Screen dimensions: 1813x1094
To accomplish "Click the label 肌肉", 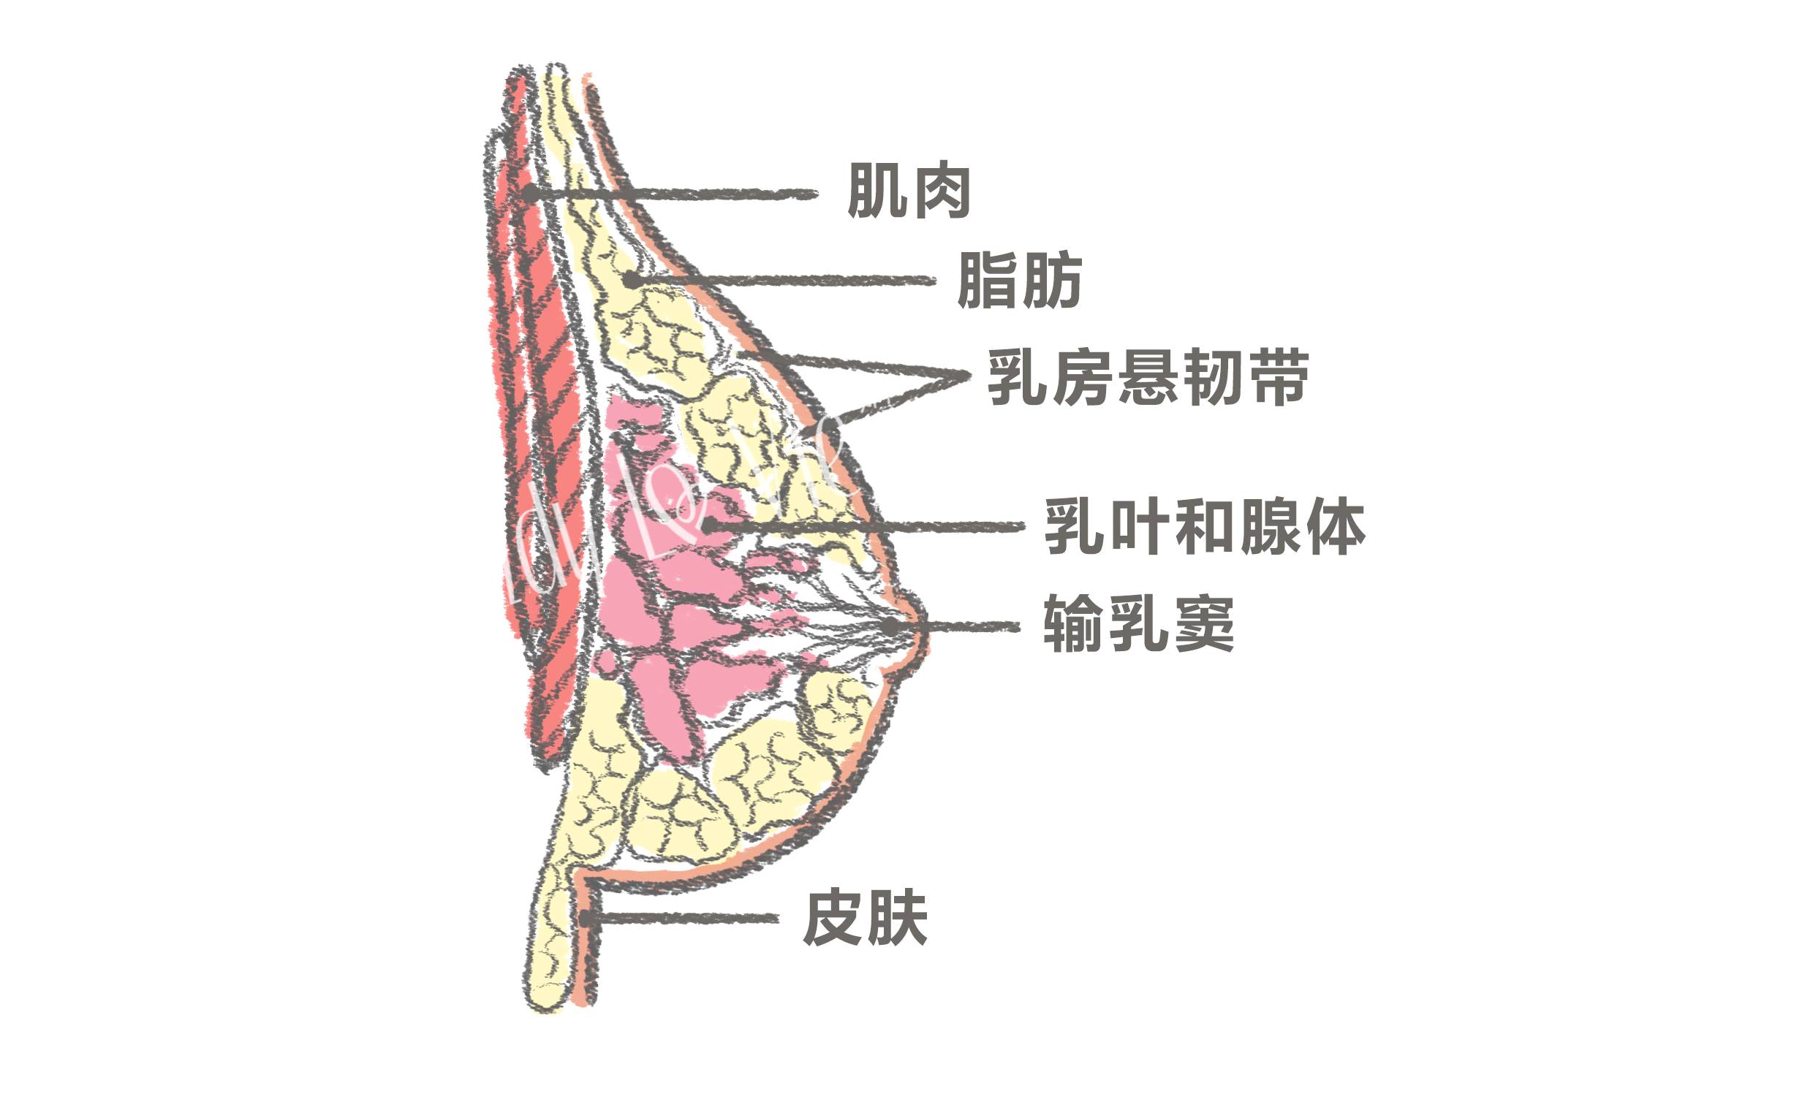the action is tap(909, 191).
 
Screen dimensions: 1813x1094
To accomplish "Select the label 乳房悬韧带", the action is tap(1148, 377).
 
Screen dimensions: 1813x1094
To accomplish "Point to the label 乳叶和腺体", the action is tap(1205, 527).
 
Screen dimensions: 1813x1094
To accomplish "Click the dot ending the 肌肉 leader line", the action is tap(530, 194).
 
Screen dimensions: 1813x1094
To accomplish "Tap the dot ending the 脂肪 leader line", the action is tap(631, 280).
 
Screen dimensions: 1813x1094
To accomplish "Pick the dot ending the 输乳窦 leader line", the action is tap(890, 626).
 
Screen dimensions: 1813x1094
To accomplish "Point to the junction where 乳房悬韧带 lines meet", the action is tap(968, 373).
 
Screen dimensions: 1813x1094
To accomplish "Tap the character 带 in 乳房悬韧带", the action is tap(1280, 377).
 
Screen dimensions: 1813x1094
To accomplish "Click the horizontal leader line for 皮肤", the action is tap(684, 918).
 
